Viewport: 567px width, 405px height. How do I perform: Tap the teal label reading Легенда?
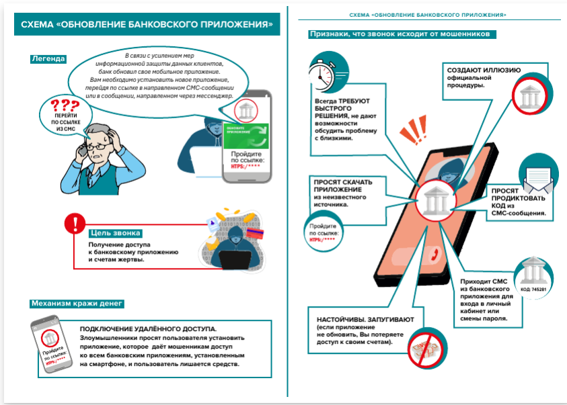click(48, 59)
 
